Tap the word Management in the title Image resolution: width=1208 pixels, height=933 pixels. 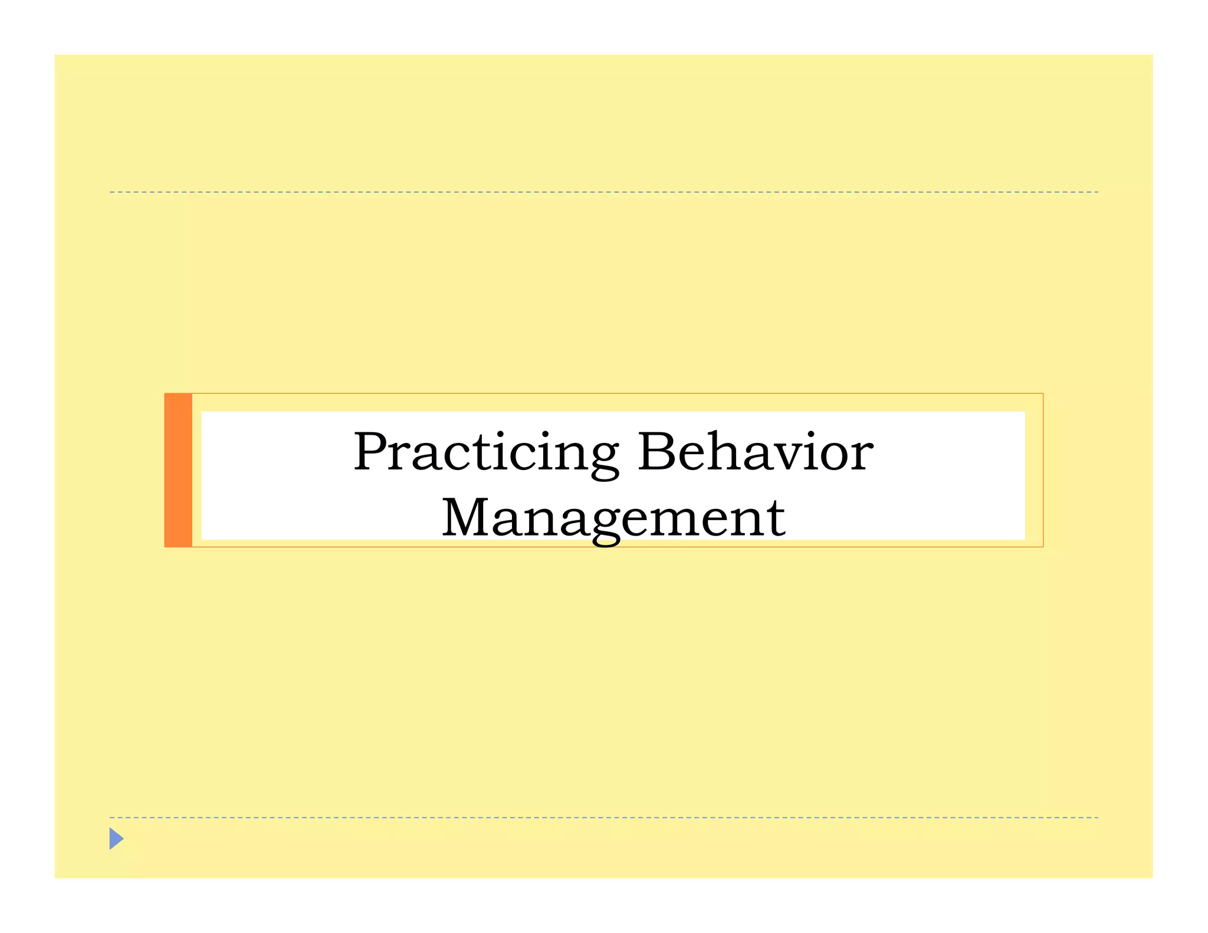(613, 518)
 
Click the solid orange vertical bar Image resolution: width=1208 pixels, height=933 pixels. (178, 470)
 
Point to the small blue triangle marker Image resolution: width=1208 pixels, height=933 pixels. (116, 838)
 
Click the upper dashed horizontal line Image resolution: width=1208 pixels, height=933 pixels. (603, 192)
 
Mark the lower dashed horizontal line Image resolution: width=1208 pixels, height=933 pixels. (603, 817)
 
